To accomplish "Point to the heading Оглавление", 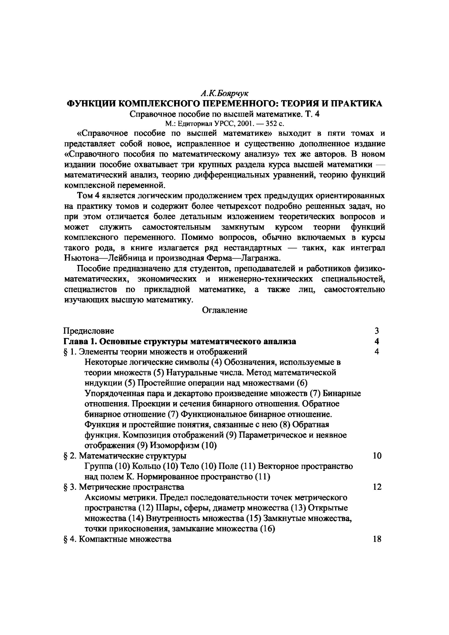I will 224,310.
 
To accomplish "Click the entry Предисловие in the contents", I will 89,331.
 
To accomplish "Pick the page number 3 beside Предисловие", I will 376,331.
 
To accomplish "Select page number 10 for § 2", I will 377,456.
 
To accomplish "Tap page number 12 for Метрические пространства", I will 377,487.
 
